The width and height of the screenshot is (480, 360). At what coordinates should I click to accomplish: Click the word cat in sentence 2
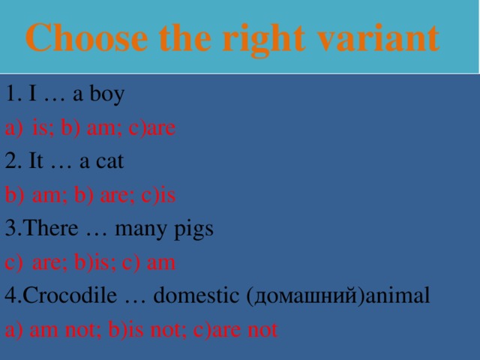tap(109, 161)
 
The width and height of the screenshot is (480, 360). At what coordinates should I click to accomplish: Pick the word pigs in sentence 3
tap(193, 228)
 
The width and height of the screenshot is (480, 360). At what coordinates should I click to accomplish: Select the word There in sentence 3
tap(52, 228)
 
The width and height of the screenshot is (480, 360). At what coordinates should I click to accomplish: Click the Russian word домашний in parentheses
tap(303, 295)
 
